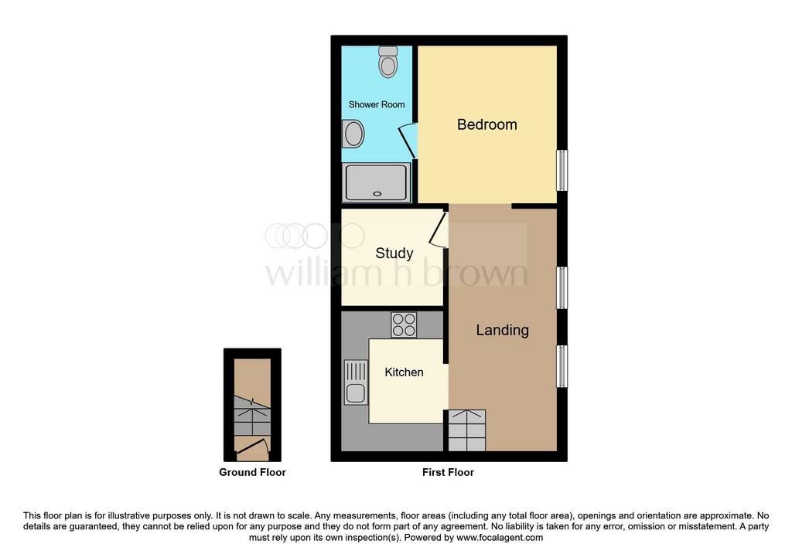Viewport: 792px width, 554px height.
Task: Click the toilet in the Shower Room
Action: tap(388, 62)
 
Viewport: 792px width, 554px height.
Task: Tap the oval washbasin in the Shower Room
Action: tap(353, 134)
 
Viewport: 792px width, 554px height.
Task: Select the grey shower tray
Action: tap(377, 182)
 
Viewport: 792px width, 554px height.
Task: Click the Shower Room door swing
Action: tap(408, 141)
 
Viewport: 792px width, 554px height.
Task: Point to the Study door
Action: tap(439, 229)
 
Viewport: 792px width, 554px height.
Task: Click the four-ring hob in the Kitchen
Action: tap(404, 325)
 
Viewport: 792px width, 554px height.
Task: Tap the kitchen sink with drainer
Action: tap(356, 382)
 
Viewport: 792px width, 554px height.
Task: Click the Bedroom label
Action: tap(487, 124)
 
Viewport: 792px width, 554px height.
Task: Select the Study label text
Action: tap(394, 253)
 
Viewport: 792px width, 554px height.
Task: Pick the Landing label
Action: tap(503, 330)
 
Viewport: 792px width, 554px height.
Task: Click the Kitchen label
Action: tap(404, 372)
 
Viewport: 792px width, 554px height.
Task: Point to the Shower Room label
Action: tap(377, 104)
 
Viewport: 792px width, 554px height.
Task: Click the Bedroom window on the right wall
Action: tap(562, 170)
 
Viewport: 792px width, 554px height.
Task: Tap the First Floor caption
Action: tap(448, 472)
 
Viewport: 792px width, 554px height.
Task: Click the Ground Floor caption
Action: tap(253, 472)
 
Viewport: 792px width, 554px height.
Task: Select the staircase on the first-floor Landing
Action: tap(466, 430)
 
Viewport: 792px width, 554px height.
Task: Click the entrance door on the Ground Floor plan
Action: tap(252, 449)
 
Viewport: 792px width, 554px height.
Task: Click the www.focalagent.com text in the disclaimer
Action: tap(500, 537)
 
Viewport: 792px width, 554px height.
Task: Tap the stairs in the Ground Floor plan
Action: tap(252, 416)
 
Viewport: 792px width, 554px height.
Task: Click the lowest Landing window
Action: tap(562, 365)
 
